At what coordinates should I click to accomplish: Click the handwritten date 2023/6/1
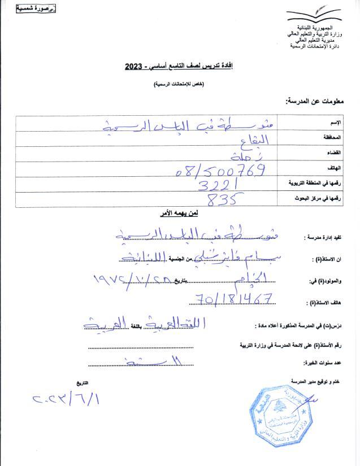coord(67,400)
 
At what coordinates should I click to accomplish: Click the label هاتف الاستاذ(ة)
coord(325,303)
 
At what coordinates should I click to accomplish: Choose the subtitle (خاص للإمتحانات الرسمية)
coord(179,84)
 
